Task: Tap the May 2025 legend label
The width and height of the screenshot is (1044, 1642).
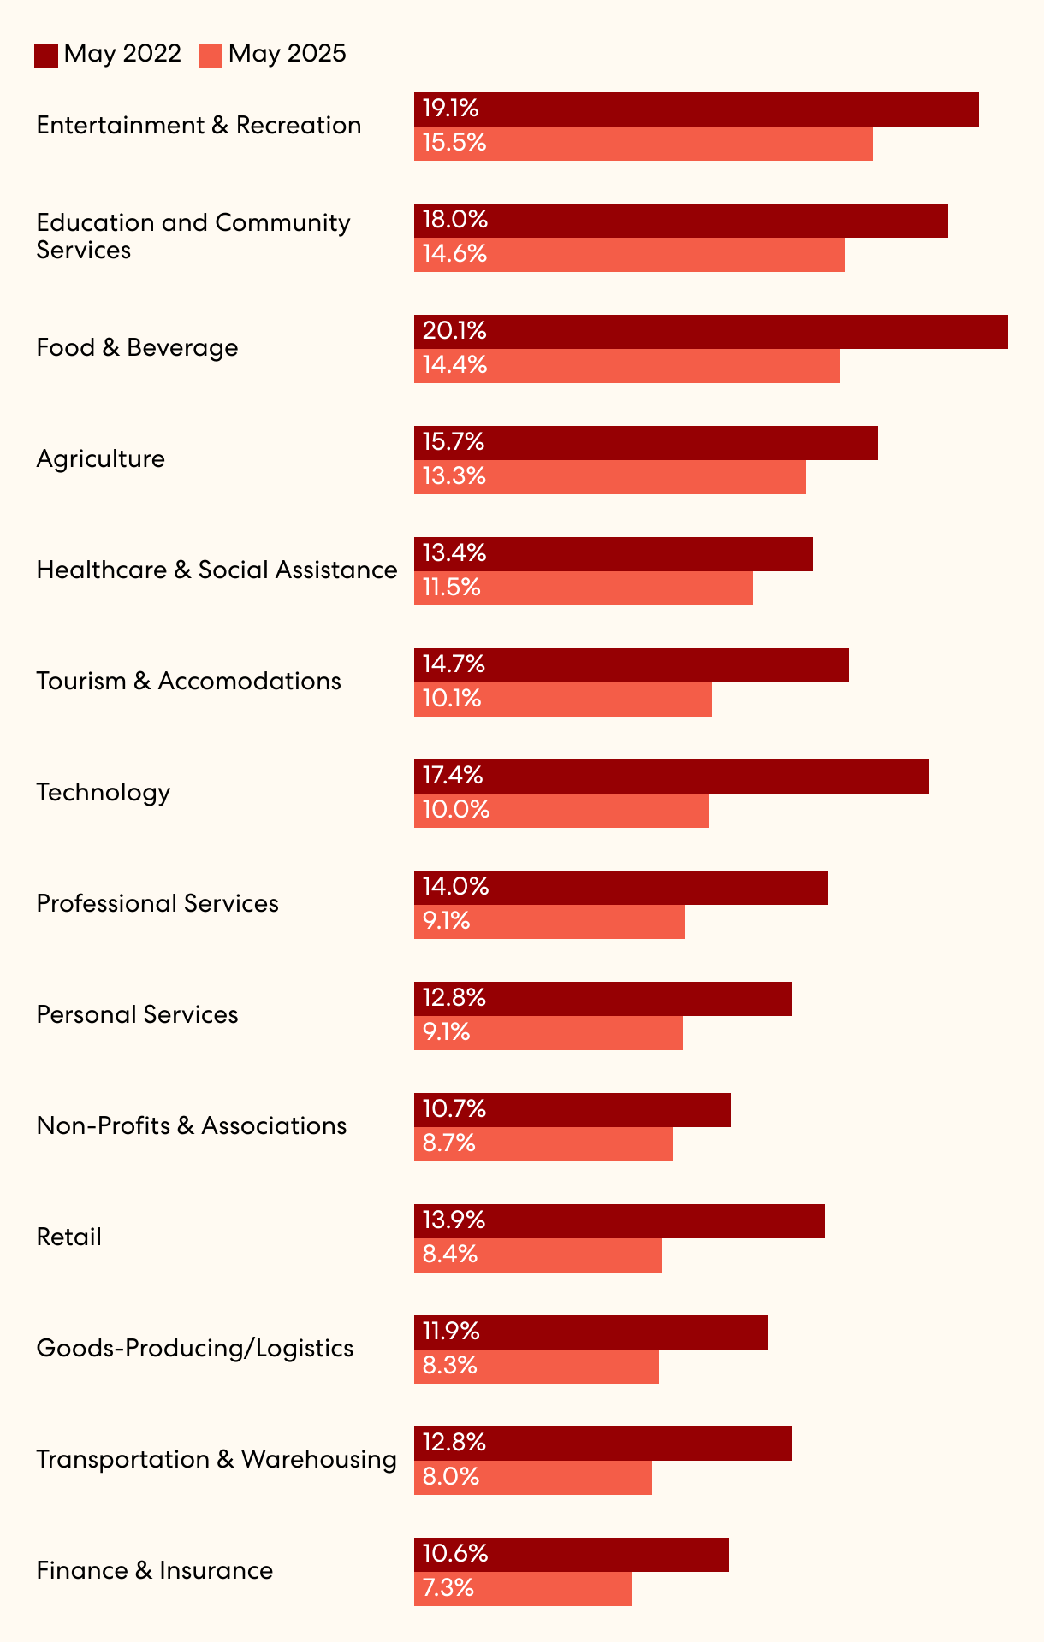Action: point(287,54)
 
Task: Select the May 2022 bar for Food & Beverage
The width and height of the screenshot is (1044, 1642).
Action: point(710,332)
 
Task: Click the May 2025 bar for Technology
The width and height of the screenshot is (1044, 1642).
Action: point(561,811)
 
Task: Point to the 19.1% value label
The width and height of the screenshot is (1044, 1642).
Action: point(450,109)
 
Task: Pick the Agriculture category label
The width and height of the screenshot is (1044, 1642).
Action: point(100,459)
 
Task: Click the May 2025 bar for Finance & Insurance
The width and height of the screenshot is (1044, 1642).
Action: point(523,1589)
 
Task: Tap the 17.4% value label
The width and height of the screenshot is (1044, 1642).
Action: point(453,776)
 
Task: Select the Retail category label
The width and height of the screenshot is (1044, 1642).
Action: point(68,1237)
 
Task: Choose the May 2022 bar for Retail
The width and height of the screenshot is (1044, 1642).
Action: point(620,1221)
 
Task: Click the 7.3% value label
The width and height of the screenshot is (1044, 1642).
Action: point(448,1588)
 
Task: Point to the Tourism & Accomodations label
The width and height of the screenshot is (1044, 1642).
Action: point(188,682)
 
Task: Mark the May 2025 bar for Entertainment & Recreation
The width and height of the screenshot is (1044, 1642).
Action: point(644,144)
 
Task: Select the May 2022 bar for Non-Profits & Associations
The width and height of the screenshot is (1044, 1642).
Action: point(572,1110)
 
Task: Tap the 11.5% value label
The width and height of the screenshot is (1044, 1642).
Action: point(452,588)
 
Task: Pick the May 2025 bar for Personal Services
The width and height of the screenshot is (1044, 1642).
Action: point(549,1033)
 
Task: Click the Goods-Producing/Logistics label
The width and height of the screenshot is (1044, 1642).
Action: point(194,1349)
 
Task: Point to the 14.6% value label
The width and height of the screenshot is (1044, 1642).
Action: point(454,254)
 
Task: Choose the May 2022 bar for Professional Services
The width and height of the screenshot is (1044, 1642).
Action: point(621,888)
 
